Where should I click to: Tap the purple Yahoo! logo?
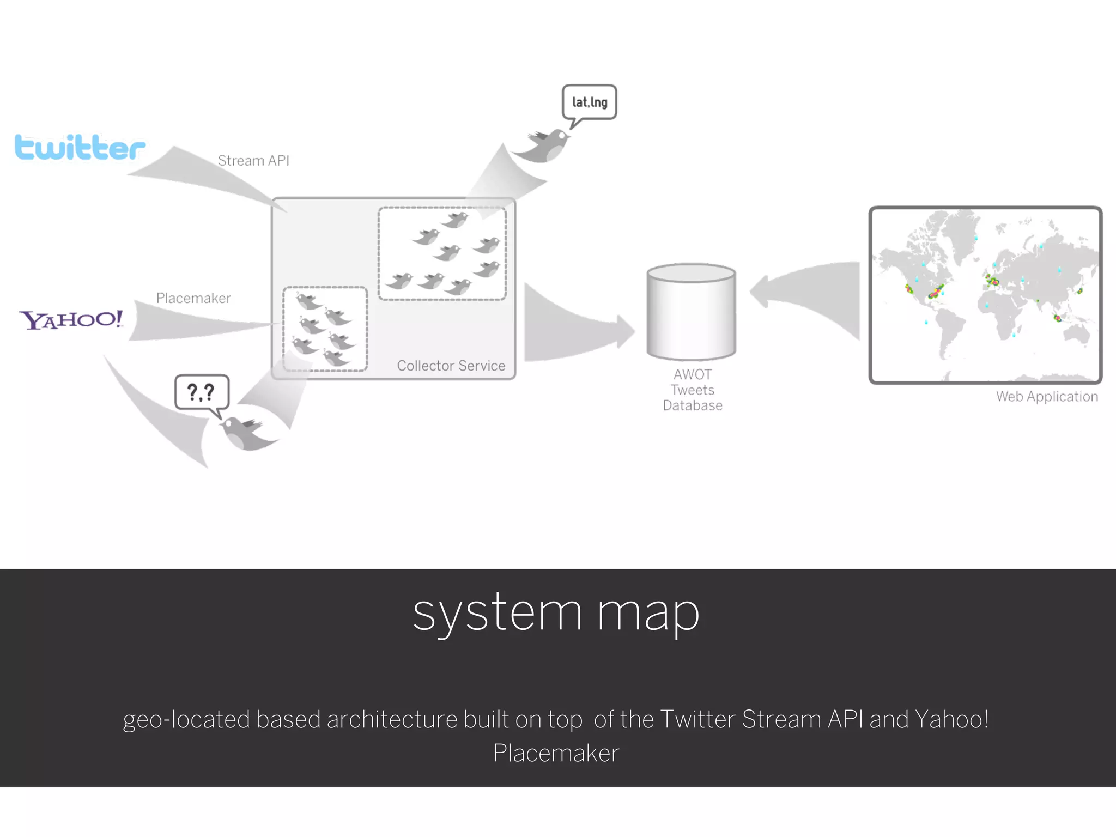(x=71, y=319)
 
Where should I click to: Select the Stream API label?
(x=253, y=161)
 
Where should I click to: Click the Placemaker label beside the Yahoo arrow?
(x=193, y=298)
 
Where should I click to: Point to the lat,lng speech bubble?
(x=590, y=102)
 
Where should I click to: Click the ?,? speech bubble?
(x=202, y=392)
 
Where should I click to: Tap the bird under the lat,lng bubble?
(x=545, y=146)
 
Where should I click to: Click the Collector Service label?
(x=451, y=366)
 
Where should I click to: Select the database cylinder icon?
(x=691, y=312)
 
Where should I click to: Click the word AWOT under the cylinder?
(x=693, y=375)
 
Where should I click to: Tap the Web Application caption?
(x=1047, y=397)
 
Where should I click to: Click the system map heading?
(x=556, y=613)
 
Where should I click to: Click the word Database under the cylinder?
(x=693, y=406)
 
